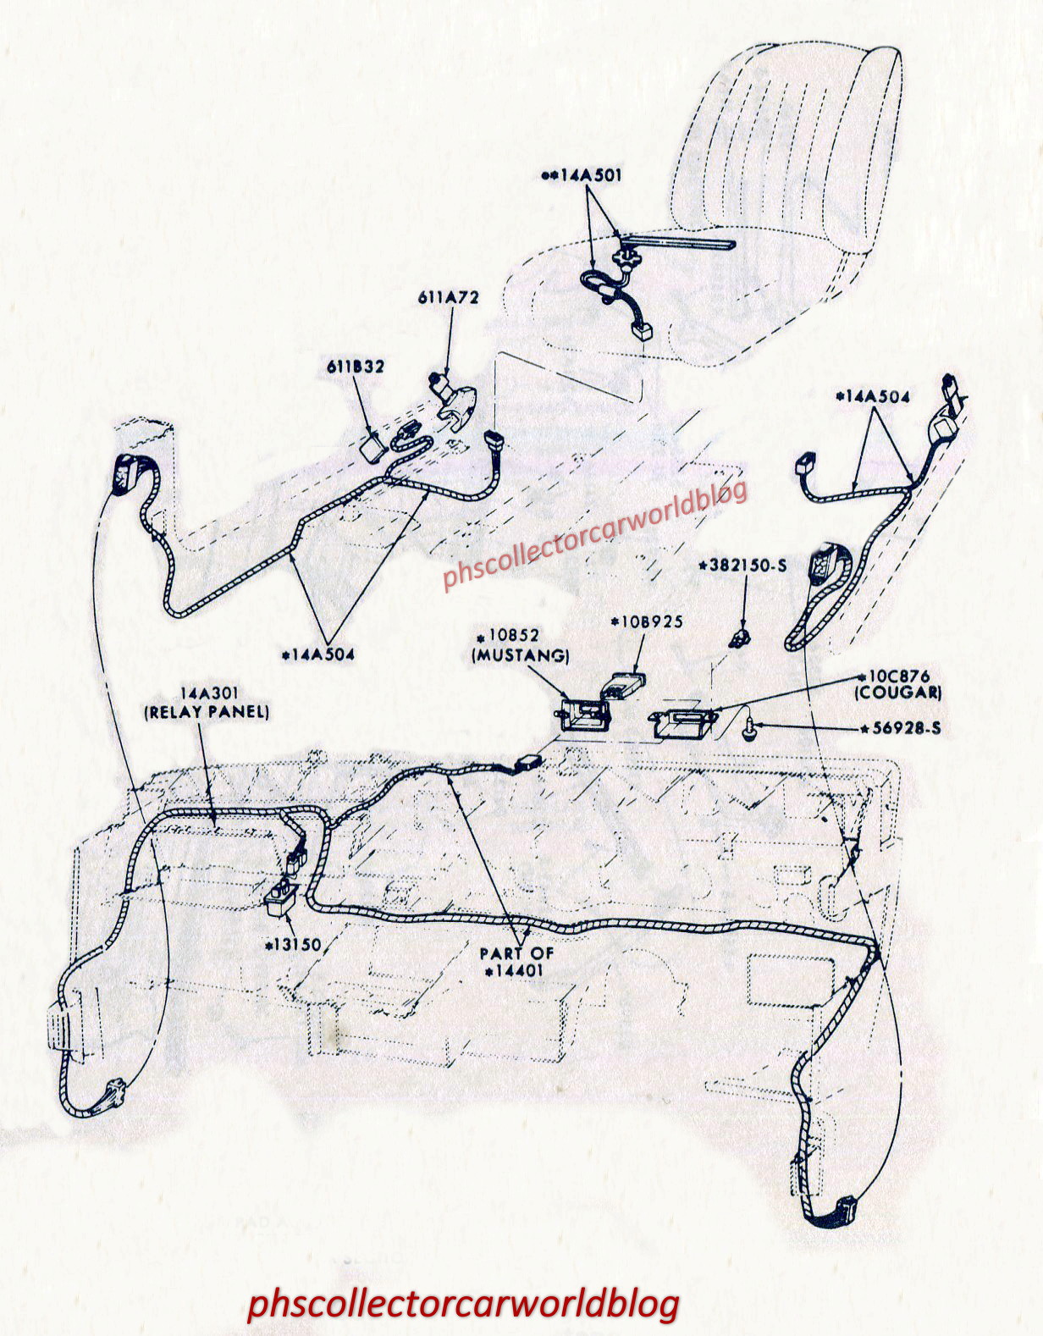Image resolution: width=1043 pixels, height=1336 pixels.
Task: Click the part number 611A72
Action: [448, 297]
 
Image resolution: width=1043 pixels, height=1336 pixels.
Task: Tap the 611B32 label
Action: [356, 367]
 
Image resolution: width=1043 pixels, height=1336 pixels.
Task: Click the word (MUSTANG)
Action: [520, 655]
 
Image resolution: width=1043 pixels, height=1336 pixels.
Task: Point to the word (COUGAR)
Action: [898, 693]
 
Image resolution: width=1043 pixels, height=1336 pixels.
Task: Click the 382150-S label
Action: [743, 566]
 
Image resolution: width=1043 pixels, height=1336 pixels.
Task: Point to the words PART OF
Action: [517, 953]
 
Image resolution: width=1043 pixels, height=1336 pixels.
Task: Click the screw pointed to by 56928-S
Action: [748, 731]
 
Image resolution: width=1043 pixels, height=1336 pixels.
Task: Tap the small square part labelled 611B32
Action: [373, 447]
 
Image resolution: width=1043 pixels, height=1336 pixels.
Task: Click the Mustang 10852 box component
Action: [583, 715]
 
